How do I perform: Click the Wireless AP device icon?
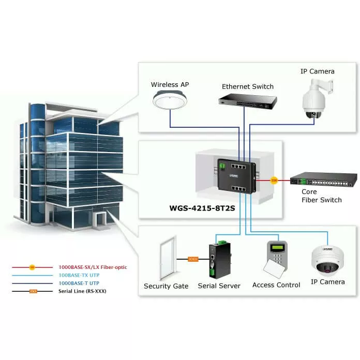pyautogui.click(x=170, y=100)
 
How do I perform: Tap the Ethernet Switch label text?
pyautogui.click(x=248, y=86)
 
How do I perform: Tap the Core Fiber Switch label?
pyautogui.click(x=321, y=196)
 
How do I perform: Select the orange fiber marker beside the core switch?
pyautogui.click(x=274, y=180)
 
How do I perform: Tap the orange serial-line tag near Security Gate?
pyautogui.click(x=192, y=259)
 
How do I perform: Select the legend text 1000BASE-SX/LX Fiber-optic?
pyautogui.click(x=92, y=267)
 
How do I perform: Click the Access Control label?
pyautogui.click(x=276, y=285)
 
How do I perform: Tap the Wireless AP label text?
pyautogui.click(x=170, y=84)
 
